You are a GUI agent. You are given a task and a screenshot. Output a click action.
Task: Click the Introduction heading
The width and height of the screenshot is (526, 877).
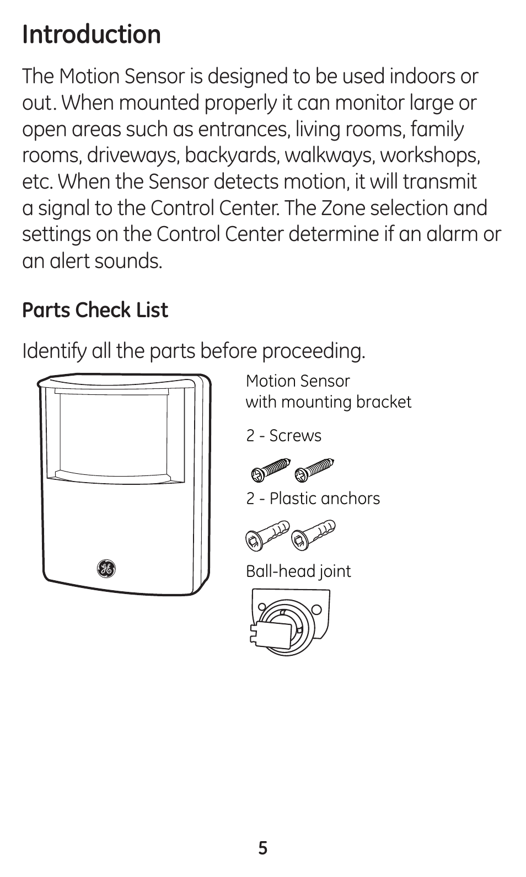pos(92,35)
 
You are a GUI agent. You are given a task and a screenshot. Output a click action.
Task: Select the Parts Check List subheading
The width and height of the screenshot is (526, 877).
pos(95,311)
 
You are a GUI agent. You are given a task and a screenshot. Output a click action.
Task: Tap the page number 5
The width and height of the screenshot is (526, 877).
pos(263,848)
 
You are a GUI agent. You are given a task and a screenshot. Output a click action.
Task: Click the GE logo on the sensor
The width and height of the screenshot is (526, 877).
pos(106,569)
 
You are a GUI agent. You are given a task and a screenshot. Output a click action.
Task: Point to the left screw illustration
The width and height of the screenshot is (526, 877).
pos(270,470)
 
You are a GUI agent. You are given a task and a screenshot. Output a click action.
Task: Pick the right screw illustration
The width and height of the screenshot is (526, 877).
pos(314,469)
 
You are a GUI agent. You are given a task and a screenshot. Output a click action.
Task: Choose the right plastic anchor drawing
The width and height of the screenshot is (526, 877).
pos(313,534)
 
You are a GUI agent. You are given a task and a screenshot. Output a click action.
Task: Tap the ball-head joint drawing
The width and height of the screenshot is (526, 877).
pos(289,622)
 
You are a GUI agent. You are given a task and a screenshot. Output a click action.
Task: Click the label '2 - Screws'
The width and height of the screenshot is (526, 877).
pos(283,436)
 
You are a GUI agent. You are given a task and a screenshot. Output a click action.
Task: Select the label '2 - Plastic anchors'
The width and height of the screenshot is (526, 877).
pos(313,499)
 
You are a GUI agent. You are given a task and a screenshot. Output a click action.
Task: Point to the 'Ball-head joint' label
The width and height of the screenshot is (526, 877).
pos(298,571)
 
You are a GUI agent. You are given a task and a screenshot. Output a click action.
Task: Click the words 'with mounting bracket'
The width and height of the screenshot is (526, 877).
pos(328,402)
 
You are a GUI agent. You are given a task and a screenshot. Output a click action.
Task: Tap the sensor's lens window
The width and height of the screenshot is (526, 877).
pos(112,431)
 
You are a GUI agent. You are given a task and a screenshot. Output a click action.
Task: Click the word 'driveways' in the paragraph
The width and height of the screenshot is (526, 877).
pos(133,156)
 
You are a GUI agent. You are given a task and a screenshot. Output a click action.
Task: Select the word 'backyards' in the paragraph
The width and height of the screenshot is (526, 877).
pos(233,156)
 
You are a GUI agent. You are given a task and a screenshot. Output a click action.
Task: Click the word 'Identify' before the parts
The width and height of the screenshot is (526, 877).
pos(54,351)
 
